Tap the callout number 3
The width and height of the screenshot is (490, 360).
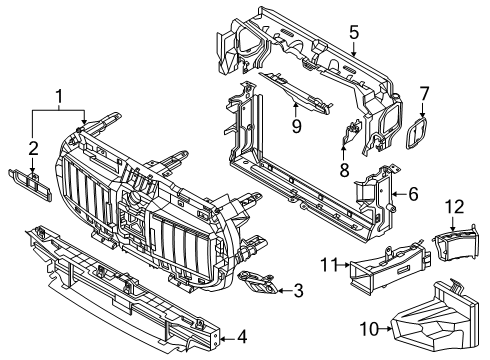298,291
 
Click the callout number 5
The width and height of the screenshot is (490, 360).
353,33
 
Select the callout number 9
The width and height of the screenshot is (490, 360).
296,125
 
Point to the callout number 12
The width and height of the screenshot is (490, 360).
455,208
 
